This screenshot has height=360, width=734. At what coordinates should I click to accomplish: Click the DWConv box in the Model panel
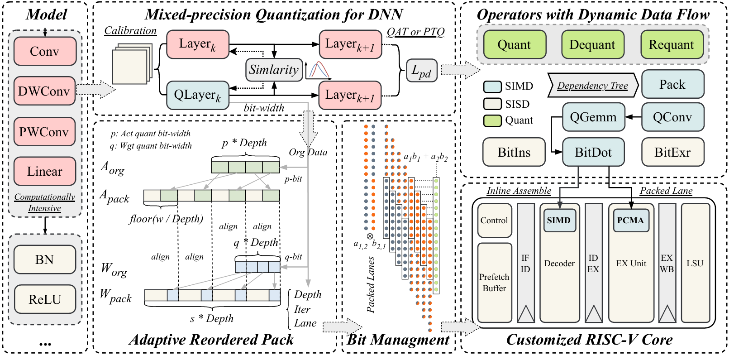[x=44, y=91]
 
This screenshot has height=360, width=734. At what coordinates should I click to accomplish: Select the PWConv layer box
[x=44, y=132]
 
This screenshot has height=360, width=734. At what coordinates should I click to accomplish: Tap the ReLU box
[x=44, y=299]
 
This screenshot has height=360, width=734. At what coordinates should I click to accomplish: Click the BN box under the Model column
[x=44, y=259]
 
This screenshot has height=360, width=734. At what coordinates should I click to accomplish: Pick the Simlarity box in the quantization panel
[x=274, y=70]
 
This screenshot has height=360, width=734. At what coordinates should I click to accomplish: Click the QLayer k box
[x=197, y=95]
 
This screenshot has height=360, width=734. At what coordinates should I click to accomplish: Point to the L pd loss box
[x=421, y=71]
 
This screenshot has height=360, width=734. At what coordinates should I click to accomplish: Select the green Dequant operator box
[x=592, y=45]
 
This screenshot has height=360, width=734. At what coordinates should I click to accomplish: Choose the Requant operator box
[x=671, y=45]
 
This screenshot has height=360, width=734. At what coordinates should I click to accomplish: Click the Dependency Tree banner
[x=592, y=86]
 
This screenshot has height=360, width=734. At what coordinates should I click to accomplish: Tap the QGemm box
[x=593, y=117]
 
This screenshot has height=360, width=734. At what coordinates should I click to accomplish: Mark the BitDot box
[x=593, y=153]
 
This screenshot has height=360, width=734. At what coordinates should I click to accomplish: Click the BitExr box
[x=672, y=153]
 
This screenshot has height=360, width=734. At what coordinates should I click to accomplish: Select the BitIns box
[x=514, y=153]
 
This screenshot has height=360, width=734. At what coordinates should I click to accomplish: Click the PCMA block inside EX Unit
[x=630, y=221]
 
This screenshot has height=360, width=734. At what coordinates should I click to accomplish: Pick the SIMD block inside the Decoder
[x=559, y=221]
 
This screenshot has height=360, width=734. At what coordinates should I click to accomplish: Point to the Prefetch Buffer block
[x=494, y=282]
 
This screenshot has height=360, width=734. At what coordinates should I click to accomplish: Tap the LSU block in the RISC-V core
[x=695, y=263]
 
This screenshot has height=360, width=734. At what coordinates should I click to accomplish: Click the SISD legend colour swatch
[x=492, y=104]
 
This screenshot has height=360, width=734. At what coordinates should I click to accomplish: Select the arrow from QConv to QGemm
[x=633, y=117]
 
